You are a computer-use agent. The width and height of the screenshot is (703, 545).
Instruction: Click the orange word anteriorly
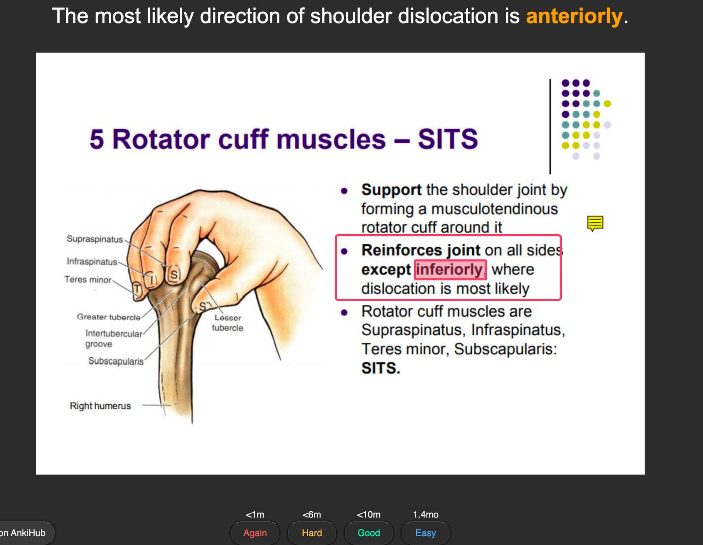(x=574, y=16)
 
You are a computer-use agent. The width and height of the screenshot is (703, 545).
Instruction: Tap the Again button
(x=255, y=533)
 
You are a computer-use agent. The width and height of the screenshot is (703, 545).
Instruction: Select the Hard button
(x=312, y=533)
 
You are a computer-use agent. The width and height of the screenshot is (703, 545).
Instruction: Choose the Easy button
(x=425, y=533)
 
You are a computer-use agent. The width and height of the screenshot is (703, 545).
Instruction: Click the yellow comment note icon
(x=595, y=223)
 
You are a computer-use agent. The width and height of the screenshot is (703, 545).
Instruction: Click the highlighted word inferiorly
(x=450, y=269)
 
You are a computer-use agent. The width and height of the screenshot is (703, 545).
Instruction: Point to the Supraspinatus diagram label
(x=94, y=239)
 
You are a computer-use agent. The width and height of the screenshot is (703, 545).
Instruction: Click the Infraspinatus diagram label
(x=92, y=261)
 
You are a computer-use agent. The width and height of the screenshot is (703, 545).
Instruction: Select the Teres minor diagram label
(x=88, y=280)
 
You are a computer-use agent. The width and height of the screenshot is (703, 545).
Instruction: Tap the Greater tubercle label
(x=108, y=317)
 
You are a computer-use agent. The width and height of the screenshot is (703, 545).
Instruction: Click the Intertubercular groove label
(x=114, y=339)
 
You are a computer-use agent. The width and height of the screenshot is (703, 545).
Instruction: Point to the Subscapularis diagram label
(x=116, y=361)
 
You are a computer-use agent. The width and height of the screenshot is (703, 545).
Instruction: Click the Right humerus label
(x=100, y=406)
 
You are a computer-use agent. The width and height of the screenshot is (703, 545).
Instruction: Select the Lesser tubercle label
(x=227, y=323)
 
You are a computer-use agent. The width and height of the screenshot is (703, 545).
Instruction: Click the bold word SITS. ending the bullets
(x=381, y=368)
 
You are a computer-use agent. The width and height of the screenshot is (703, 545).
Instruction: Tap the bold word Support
(x=391, y=189)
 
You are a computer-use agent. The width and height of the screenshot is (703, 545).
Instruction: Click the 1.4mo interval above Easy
(x=425, y=515)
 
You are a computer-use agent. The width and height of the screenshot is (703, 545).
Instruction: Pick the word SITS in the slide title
(x=448, y=139)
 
